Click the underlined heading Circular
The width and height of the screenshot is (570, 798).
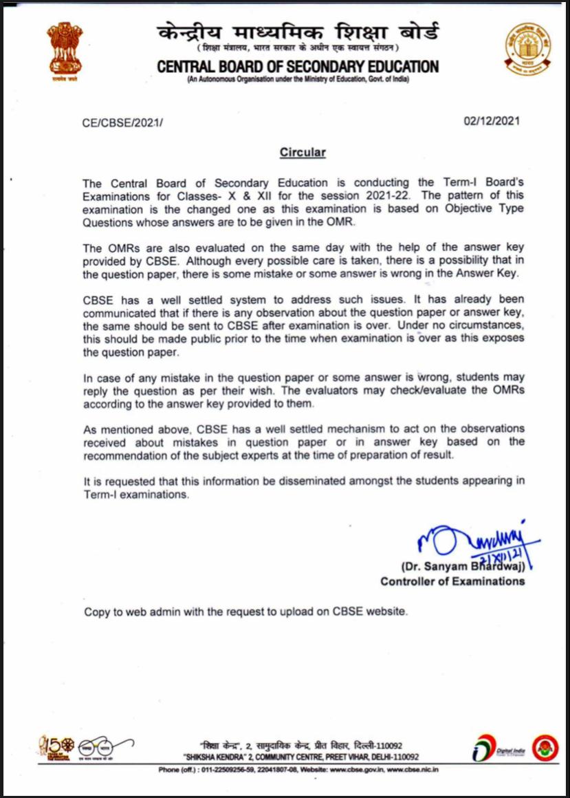[x=303, y=152]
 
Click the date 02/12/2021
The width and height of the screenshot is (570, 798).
[x=492, y=121]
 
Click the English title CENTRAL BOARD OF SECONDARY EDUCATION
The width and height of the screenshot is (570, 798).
[x=298, y=67]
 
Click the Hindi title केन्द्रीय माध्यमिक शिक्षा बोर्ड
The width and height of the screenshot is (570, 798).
[x=297, y=32]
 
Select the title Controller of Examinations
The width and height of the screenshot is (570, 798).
[x=452, y=581]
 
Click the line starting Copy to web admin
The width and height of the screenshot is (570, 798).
[x=245, y=612]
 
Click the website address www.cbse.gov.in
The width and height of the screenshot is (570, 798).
[x=354, y=769]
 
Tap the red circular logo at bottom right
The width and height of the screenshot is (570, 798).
[x=545, y=747]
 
